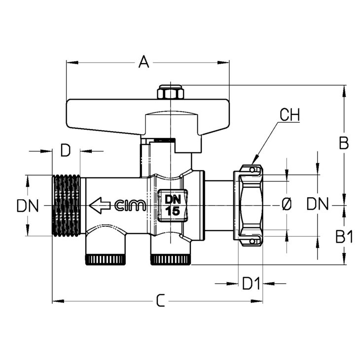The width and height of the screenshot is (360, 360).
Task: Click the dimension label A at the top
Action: click(144, 62)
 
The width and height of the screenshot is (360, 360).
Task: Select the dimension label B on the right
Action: click(344, 143)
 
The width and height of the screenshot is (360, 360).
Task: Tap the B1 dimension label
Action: click(344, 237)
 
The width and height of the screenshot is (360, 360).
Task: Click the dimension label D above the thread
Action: click(66, 150)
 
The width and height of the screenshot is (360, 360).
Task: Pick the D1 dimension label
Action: click(251, 284)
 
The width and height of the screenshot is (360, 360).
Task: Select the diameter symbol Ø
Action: click(287, 204)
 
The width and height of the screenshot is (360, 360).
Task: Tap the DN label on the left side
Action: click(28, 206)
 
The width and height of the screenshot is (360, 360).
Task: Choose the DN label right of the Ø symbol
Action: click(318, 204)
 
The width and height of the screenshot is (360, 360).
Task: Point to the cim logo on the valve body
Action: click(130, 205)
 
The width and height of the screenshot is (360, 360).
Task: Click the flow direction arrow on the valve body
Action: click(100, 205)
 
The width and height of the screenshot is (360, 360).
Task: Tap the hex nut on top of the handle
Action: click(170, 92)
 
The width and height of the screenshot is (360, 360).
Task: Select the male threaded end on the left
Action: click(67, 206)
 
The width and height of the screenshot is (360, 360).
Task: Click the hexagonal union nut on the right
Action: click(248, 206)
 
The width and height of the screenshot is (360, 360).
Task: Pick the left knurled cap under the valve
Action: click(106, 259)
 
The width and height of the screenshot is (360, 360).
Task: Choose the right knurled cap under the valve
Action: click(170, 259)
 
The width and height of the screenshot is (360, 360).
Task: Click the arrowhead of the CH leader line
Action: click(254, 160)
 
